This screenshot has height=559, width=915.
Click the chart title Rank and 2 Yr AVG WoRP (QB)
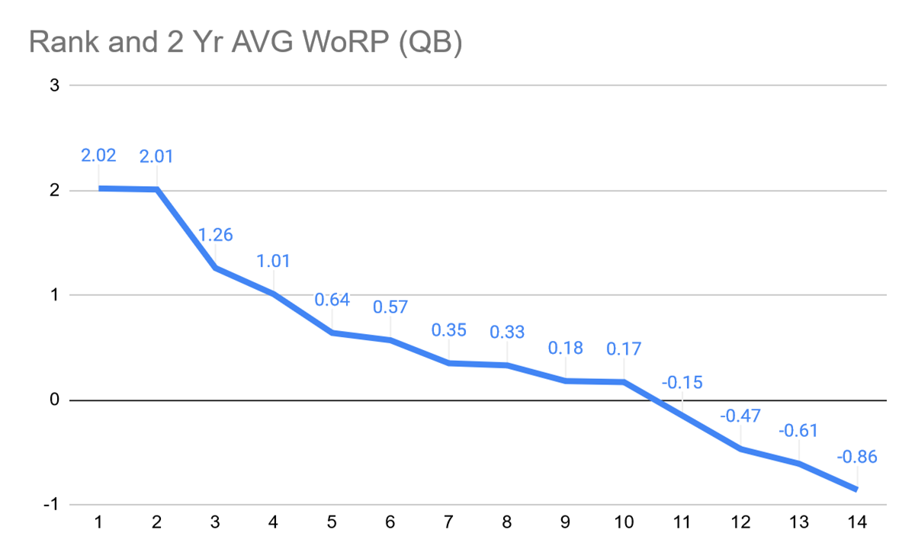coord(246,43)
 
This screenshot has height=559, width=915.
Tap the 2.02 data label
coord(98,156)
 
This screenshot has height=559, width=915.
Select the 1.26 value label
coord(215,235)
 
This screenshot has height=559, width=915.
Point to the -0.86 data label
coord(857,458)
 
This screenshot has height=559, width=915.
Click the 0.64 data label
coord(332,300)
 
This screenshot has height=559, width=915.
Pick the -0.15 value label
coord(682,382)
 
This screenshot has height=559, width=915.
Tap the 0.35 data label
coord(448,330)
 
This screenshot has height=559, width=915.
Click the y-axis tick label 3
coord(54,85)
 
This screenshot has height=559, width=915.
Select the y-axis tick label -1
coord(51,505)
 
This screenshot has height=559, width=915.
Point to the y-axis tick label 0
coord(54,400)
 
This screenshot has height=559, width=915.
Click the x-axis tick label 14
coord(857,522)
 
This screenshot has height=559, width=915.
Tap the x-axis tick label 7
coord(448,522)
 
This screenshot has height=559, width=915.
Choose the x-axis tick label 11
coord(682,522)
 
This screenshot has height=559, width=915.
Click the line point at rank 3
coord(215,268)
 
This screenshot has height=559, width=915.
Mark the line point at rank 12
coord(740,449)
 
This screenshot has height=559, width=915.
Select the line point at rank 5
coord(332,333)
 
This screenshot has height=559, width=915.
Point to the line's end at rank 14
coord(857,490)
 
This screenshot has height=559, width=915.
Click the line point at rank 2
coord(157,189)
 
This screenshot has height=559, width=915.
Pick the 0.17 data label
coord(624,349)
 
